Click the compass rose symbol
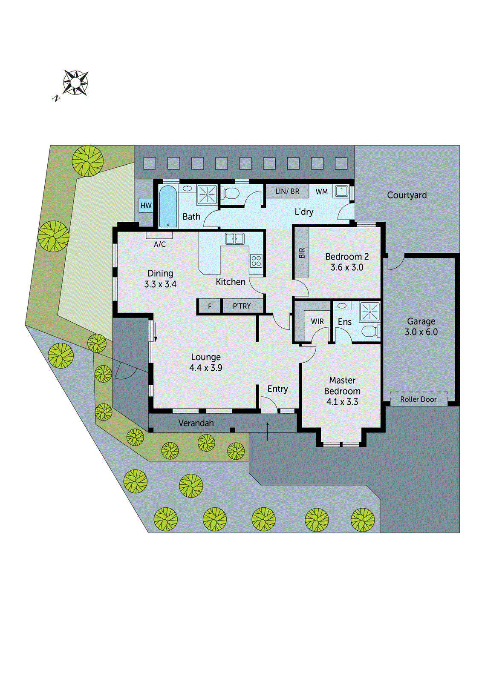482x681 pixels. tap(75, 82)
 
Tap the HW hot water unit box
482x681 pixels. tap(146, 206)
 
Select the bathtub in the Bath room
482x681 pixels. tap(167, 206)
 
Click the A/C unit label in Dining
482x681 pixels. tap(160, 244)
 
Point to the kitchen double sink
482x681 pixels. tap(234, 239)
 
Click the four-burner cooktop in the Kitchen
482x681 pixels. tap(256, 260)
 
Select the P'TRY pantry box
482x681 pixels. tap(242, 306)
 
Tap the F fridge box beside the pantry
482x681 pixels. tap(209, 306)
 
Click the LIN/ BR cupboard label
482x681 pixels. tap(287, 192)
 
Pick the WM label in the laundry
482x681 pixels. tap(322, 192)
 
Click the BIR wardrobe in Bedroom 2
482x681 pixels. tap(302, 253)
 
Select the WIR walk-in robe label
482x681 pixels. tap(317, 321)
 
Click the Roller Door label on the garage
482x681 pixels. tap(418, 399)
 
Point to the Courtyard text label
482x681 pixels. tap(407, 195)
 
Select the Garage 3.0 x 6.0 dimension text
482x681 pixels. tap(421, 332)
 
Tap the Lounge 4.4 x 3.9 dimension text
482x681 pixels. tap(206, 368)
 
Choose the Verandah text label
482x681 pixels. tap(196, 423)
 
